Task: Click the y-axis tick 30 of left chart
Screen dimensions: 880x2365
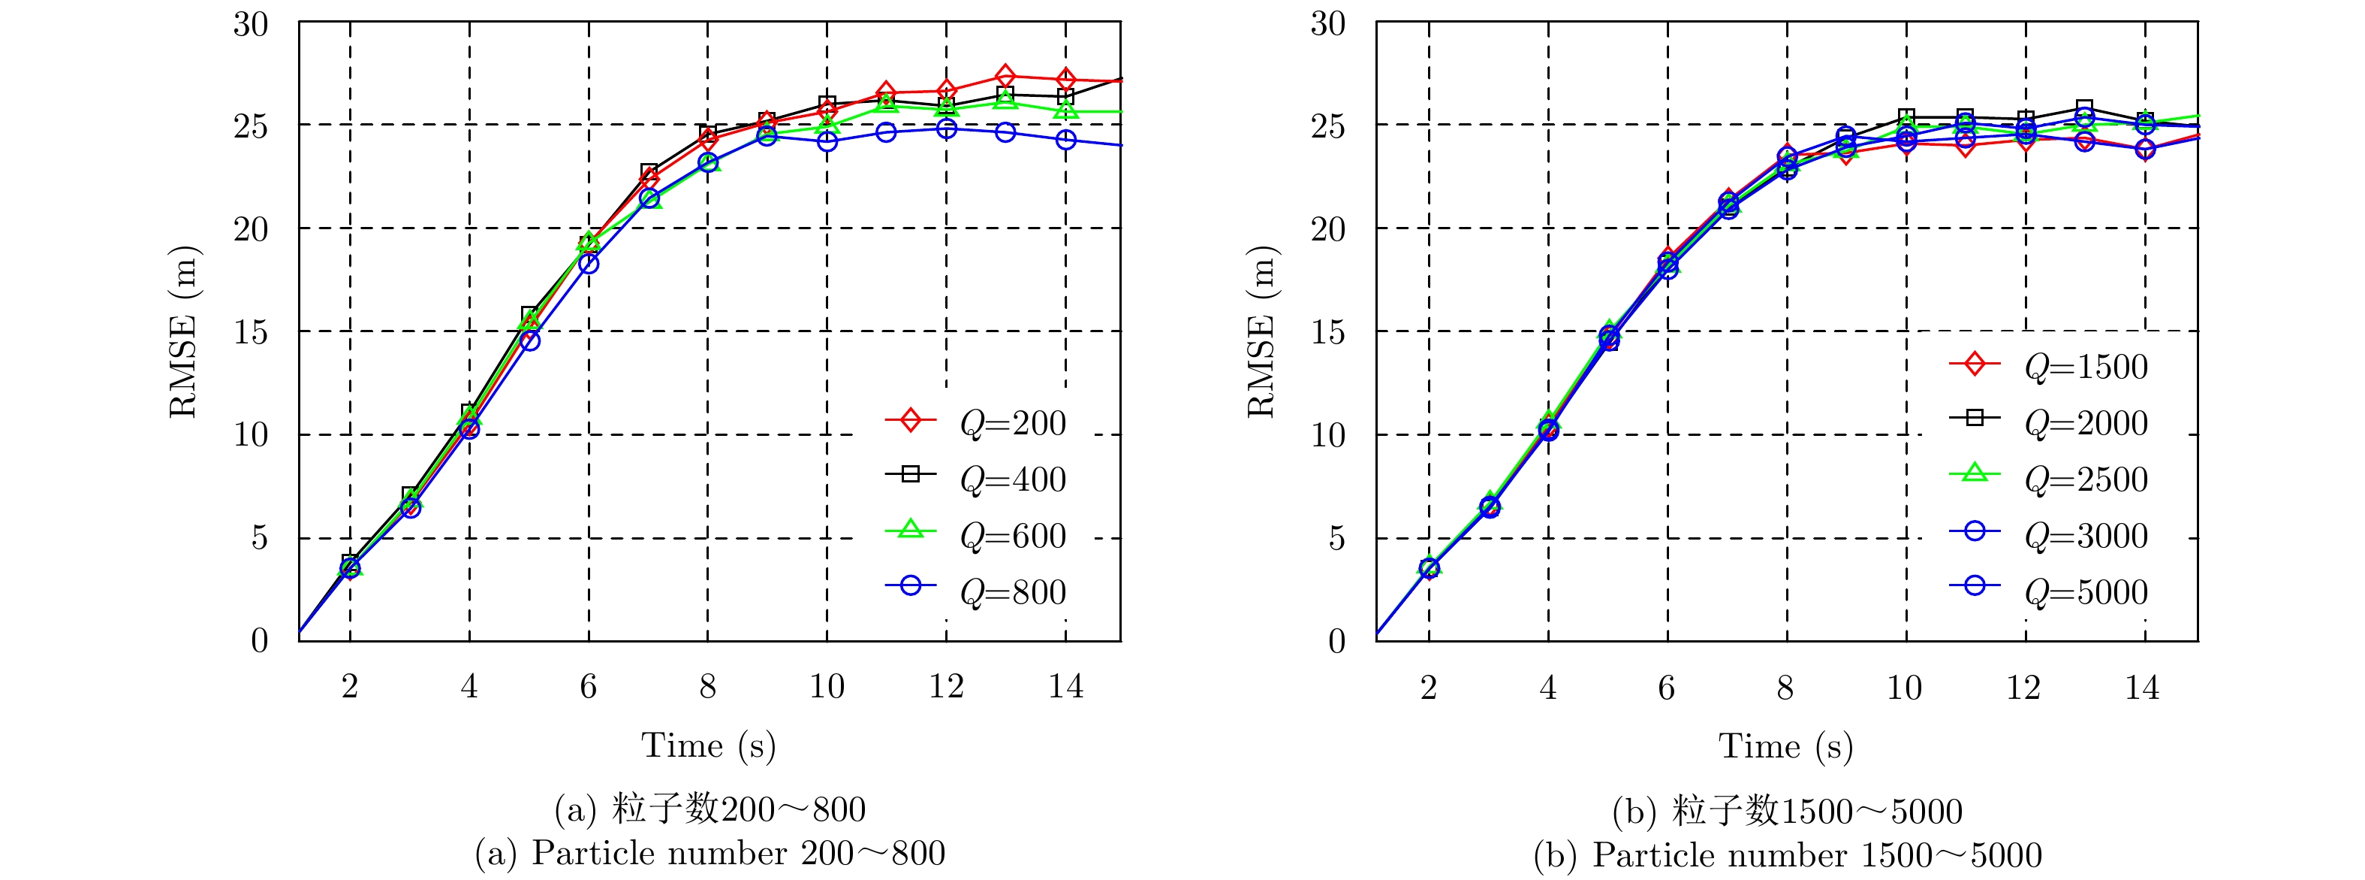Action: point(251,24)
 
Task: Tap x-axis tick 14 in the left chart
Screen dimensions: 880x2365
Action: point(1065,686)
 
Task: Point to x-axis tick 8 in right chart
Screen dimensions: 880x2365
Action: point(1785,686)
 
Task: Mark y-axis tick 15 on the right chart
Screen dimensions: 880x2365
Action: point(1327,332)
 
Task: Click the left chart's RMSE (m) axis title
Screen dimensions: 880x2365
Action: point(184,331)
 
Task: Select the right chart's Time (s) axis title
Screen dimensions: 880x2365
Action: point(1785,746)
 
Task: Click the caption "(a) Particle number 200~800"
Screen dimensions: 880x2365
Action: point(709,854)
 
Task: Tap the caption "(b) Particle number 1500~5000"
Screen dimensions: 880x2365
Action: point(1787,855)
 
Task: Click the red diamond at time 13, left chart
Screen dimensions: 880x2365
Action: point(1005,76)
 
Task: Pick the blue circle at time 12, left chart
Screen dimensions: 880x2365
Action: point(946,129)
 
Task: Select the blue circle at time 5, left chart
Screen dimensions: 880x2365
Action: point(530,340)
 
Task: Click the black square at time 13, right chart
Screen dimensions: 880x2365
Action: point(2084,108)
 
